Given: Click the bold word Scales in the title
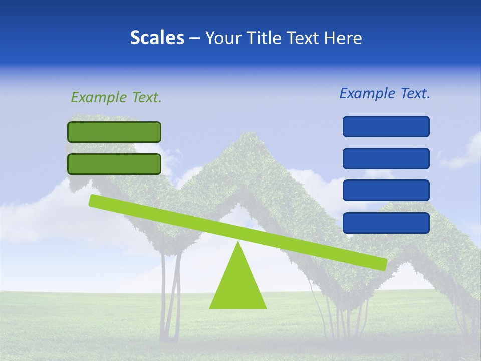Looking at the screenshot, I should (157, 38).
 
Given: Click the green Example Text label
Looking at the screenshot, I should (116, 97).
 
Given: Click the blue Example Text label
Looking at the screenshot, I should (385, 93).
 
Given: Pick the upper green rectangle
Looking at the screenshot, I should (114, 132).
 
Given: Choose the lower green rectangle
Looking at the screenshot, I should (114, 164).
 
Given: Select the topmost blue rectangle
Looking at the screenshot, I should (386, 126).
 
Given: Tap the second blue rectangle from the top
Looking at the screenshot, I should (386, 158).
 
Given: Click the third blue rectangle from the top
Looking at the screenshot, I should (386, 191).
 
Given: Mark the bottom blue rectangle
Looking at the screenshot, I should (386, 223).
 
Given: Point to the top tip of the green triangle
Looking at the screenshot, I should (238, 243).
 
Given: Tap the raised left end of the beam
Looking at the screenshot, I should (93, 200).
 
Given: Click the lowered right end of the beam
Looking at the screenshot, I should (383, 264).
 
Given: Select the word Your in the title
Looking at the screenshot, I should (223, 38).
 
